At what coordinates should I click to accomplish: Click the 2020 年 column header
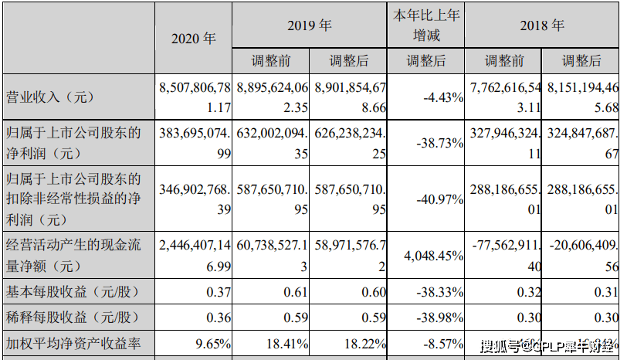194,38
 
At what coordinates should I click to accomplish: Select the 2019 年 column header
309,25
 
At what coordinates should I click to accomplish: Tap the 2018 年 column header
543,25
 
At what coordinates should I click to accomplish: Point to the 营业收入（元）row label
49,97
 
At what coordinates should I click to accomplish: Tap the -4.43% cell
443,97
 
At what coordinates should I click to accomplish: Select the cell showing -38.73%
439,143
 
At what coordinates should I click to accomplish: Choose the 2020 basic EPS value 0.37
219,294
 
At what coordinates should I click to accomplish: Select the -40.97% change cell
439,197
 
